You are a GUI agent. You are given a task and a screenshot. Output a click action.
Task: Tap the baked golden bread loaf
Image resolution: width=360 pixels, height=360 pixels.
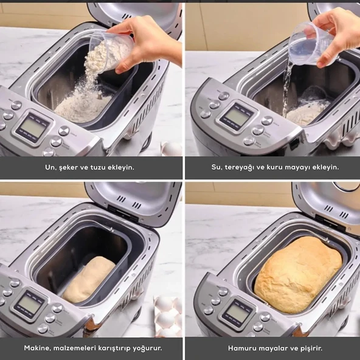pyautogui.click(x=298, y=274)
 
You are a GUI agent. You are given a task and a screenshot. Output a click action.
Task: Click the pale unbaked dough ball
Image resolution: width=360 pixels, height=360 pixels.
pyautogui.click(x=89, y=279)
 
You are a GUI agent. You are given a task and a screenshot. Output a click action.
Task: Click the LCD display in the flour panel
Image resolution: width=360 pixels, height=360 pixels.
pyautogui.click(x=33, y=128)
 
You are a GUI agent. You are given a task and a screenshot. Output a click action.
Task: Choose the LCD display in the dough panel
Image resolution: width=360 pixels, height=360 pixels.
pyautogui.click(x=29, y=304)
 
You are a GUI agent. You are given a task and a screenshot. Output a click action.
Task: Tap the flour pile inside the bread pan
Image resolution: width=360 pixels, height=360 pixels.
pyautogui.click(x=83, y=107)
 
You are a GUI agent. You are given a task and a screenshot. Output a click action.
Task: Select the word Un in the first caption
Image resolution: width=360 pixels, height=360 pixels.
pyautogui.click(x=50, y=167)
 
